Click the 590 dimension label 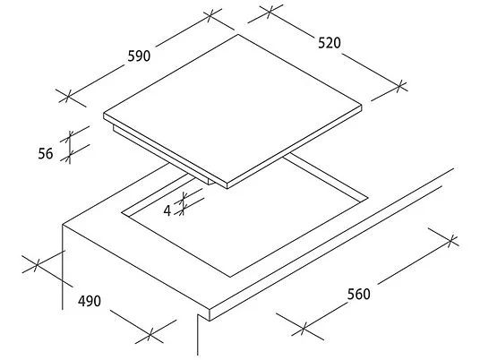pos(139,56)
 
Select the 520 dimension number pos(330,43)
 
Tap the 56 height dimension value pos(46,153)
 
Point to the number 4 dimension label pos(167,210)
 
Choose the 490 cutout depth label pos(90,301)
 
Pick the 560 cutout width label pos(359,295)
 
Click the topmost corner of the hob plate pos(238,34)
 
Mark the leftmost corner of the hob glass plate pos(104,114)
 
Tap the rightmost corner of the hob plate pos(362,106)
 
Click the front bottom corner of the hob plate pos(227,189)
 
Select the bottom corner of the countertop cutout pos(230,277)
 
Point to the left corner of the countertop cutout pos(122,212)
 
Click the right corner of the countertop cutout pos(368,198)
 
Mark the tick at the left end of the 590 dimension pos(69,97)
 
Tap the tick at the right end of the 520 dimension pos(399,86)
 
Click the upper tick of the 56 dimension pos(71,135)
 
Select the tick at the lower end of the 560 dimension pos(303,328)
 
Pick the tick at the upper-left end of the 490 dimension pos(37,264)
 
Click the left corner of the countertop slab pos(63,225)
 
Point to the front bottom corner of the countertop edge pos(210,321)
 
